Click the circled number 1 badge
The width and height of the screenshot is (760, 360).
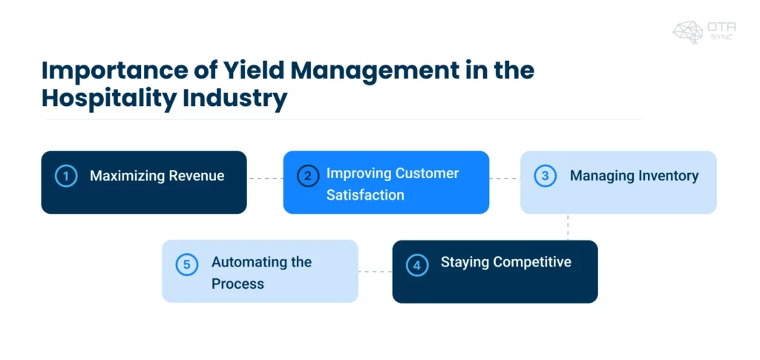(x=66, y=177)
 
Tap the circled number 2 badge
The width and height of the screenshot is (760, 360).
(x=308, y=177)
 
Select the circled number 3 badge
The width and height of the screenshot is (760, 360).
(x=546, y=177)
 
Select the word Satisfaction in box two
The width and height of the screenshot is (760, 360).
(x=365, y=195)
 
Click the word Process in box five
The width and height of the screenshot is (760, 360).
(x=237, y=284)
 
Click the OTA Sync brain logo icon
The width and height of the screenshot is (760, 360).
(x=687, y=31)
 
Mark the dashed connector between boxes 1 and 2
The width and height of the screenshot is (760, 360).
(x=265, y=178)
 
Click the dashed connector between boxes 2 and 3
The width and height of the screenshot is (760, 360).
(x=505, y=178)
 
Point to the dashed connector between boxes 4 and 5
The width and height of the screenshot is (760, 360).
(x=375, y=272)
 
